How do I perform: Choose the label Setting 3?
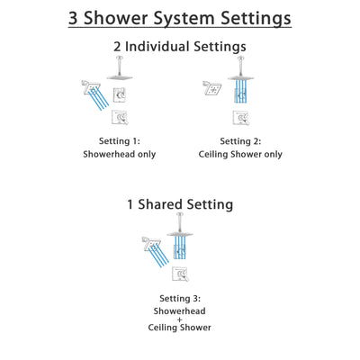point(180,297)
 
